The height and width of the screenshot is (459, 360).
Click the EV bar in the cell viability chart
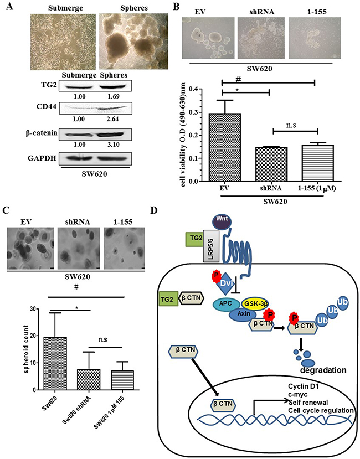pos(225,147)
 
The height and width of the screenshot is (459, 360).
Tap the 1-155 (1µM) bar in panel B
pos(317,163)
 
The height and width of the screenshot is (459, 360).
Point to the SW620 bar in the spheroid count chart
pos(54,364)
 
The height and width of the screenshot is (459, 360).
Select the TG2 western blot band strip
pos(95,86)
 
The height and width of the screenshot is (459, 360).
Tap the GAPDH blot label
pos(42,158)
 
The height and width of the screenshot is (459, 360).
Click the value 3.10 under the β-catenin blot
pos(113,145)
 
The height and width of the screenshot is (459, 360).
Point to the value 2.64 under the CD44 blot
pos(112,119)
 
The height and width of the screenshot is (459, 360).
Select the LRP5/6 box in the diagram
pos(211,246)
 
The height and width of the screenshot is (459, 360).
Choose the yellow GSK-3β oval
pos(255,304)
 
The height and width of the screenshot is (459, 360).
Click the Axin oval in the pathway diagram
pos(244,314)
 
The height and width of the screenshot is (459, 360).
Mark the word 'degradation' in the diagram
pos(323,370)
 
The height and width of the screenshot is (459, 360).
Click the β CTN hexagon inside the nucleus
pos(223,405)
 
